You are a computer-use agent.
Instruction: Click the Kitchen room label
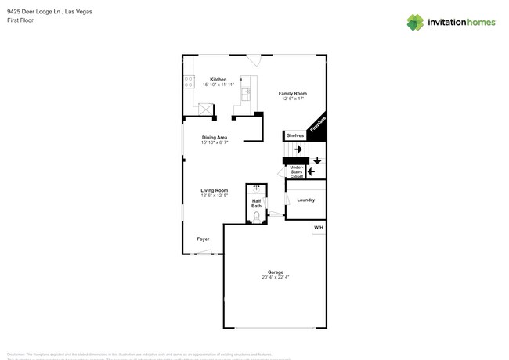(x=218, y=79)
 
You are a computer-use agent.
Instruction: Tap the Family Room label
(x=292, y=94)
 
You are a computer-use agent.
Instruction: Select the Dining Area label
(x=214, y=138)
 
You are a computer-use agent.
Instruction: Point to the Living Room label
(x=214, y=190)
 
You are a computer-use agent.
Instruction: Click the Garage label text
(x=276, y=272)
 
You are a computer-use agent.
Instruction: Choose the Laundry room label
(x=305, y=200)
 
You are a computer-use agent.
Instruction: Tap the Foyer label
(x=203, y=239)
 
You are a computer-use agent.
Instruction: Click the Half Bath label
(x=256, y=203)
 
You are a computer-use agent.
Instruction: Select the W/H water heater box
(x=318, y=228)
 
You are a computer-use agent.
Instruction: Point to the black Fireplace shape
(x=317, y=128)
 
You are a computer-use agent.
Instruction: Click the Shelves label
(x=294, y=135)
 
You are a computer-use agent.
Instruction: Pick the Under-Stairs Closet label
(x=297, y=171)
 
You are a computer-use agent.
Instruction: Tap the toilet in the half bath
(x=256, y=216)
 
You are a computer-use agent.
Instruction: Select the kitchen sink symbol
(x=245, y=92)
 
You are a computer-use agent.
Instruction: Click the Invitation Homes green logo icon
(x=415, y=22)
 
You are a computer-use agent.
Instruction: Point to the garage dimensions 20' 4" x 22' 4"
(x=276, y=278)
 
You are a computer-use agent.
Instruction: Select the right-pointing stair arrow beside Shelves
(x=298, y=149)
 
